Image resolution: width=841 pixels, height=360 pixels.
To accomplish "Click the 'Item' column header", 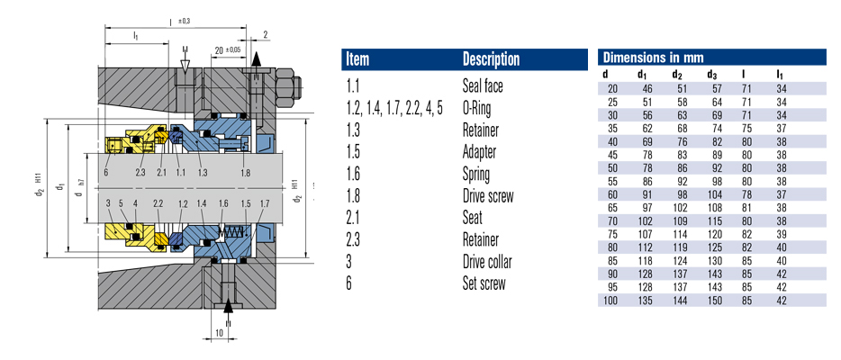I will tap(360, 59).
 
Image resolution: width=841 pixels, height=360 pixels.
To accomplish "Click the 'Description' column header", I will tap(491, 59).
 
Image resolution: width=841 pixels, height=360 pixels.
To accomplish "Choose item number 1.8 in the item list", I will tap(353, 196).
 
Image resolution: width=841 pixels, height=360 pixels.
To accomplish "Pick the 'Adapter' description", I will tap(482, 152).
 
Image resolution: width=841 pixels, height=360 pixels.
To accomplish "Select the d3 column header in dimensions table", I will tap(711, 74).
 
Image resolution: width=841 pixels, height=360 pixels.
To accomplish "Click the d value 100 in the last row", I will tap(610, 299).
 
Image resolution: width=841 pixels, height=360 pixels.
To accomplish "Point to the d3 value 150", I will tap(712, 299).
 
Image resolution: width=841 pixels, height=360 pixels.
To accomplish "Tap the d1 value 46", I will tap(646, 87).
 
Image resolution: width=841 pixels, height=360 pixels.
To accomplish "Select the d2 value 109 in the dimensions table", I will tap(679, 220).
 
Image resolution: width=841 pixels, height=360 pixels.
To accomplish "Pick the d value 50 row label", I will tap(611, 166).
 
